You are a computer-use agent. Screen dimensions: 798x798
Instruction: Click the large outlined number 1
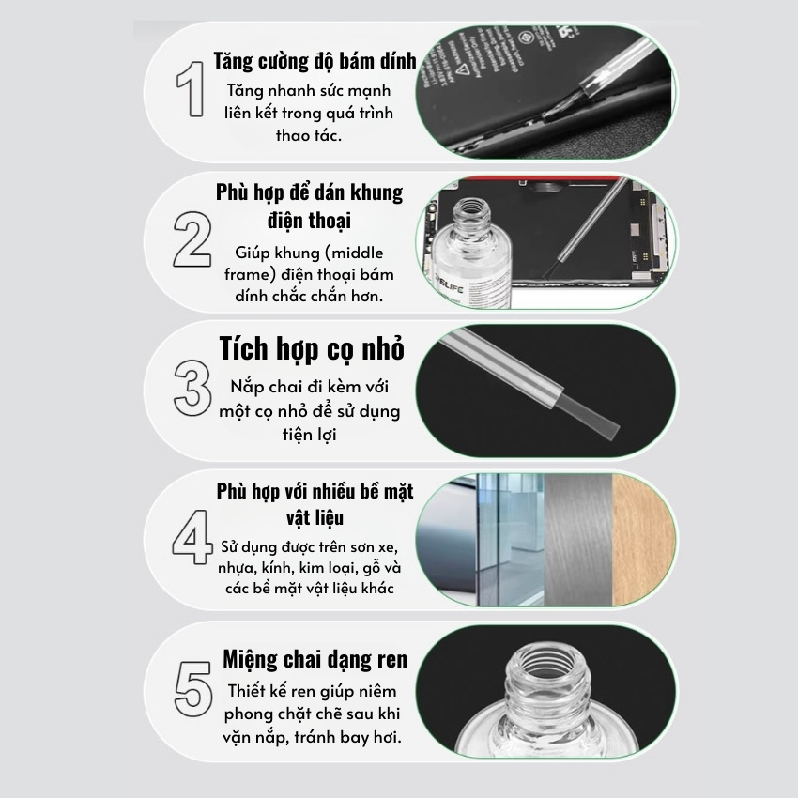click(192, 89)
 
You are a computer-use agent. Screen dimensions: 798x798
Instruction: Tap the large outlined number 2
click(192, 239)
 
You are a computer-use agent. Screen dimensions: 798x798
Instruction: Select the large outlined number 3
click(192, 388)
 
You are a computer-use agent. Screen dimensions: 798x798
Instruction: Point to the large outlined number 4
click(192, 537)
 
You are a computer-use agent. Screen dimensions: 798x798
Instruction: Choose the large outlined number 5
click(192, 688)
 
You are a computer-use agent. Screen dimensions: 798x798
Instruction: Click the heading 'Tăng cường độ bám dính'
click(315, 61)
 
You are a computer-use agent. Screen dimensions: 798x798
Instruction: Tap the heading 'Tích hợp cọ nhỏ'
click(312, 349)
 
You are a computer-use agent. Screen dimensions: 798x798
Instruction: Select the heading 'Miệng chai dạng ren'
click(315, 659)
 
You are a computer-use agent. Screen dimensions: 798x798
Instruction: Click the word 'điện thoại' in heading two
click(309, 221)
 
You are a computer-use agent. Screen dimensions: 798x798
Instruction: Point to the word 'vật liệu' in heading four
click(315, 517)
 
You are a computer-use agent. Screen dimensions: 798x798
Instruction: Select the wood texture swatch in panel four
click(643, 540)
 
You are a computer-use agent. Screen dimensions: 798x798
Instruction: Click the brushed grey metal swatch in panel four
click(577, 540)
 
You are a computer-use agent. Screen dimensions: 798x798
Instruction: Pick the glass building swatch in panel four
click(511, 540)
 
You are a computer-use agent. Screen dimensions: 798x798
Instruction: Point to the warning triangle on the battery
click(463, 69)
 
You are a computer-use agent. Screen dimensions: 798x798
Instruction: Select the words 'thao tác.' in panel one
click(309, 135)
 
